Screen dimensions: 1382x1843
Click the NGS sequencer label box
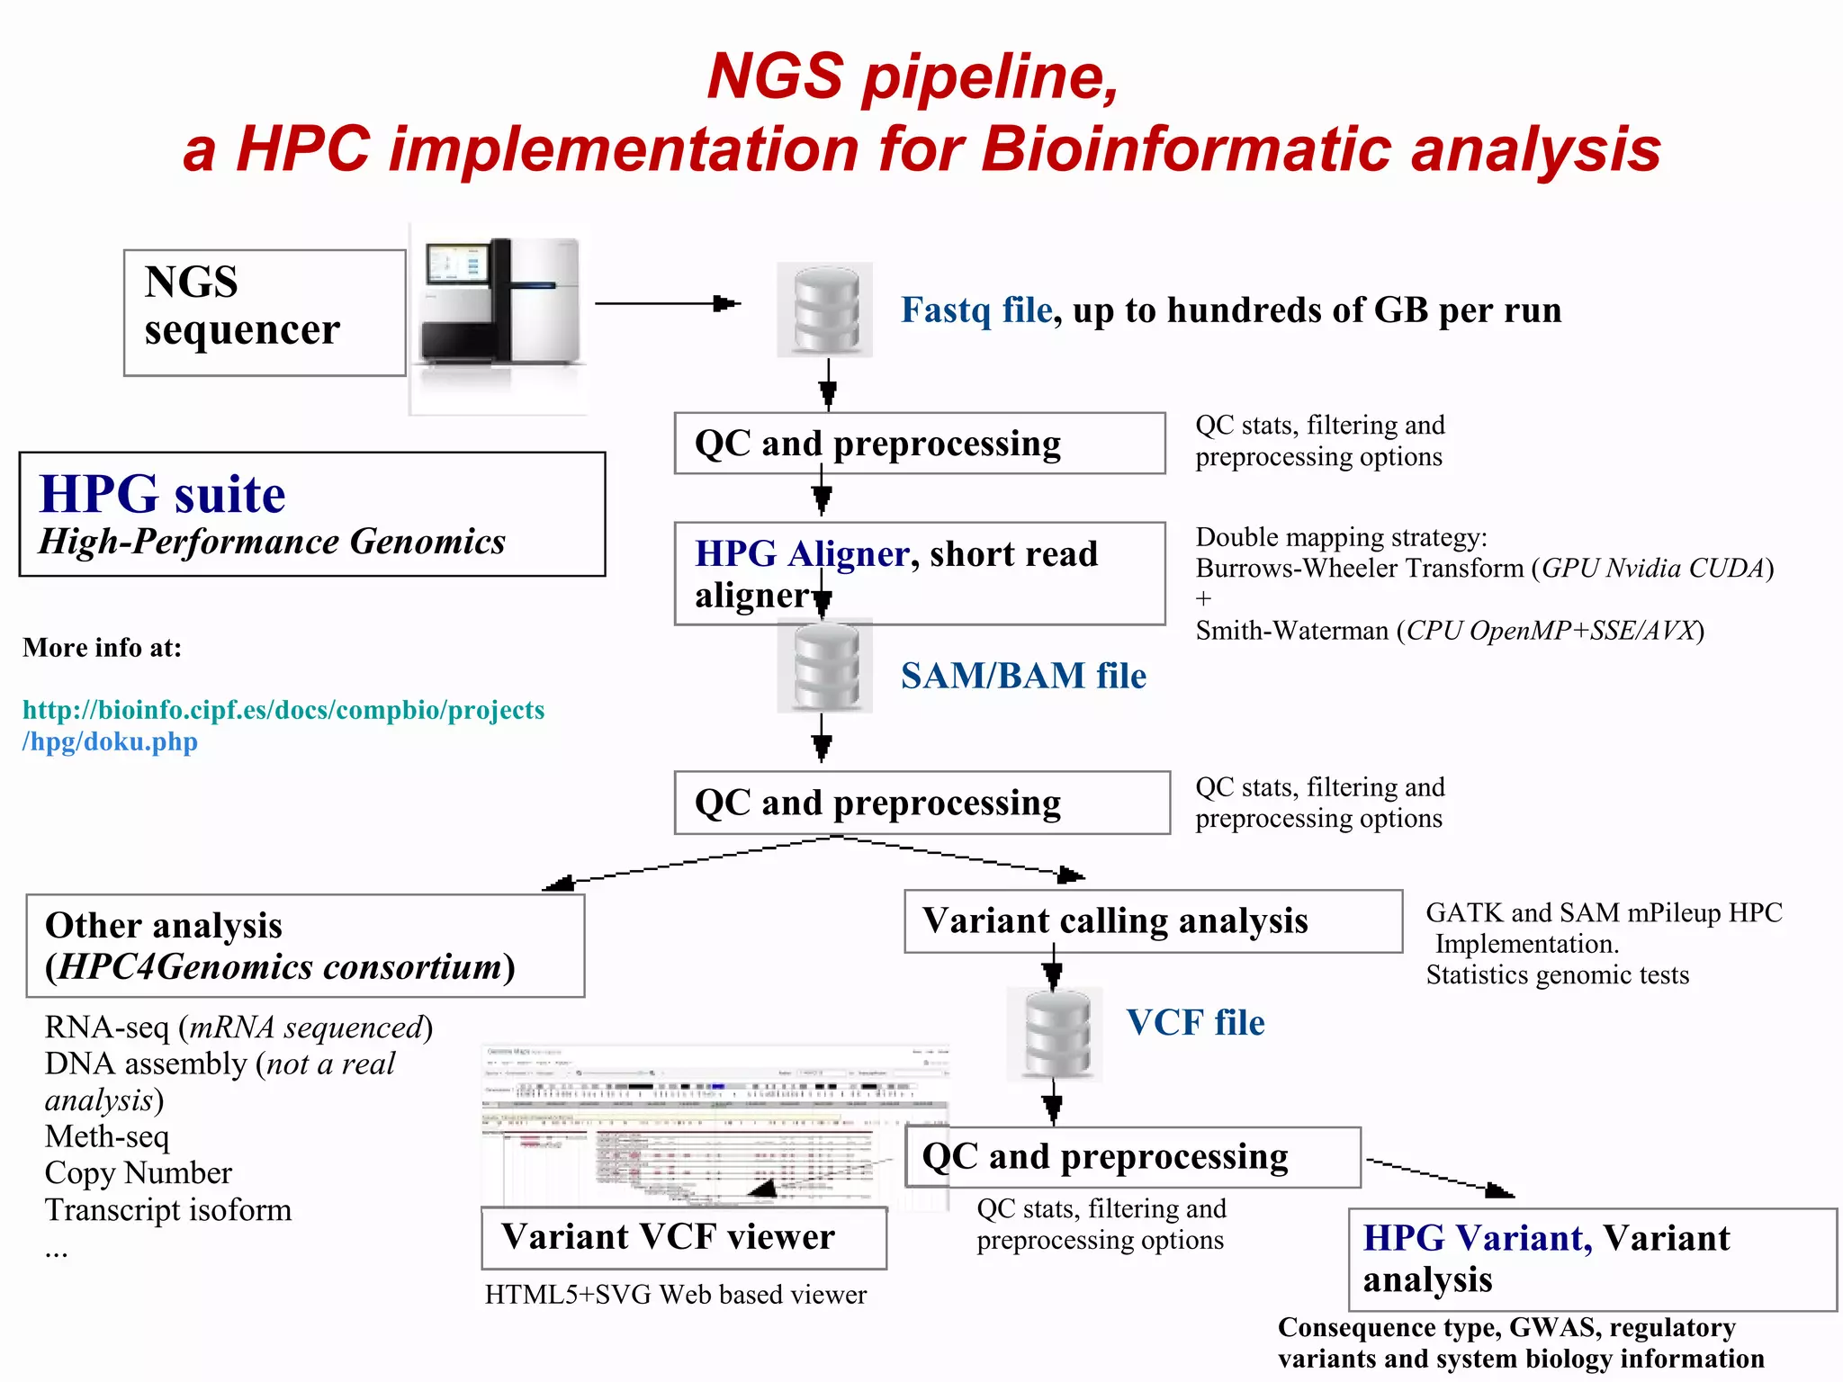tap(264, 312)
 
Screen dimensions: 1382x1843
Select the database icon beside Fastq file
tap(824, 310)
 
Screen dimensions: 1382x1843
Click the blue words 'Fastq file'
tap(976, 310)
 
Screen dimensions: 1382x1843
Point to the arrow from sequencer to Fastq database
tap(666, 304)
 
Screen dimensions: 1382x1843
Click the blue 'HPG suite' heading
tap(162, 494)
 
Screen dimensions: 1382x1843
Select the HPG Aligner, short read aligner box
tap(919, 573)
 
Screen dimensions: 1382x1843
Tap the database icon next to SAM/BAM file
tap(824, 667)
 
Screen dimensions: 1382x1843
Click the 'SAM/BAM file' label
tap(1023, 676)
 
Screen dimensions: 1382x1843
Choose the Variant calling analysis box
tap(1152, 921)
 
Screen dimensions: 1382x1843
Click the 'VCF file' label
tap(1195, 1023)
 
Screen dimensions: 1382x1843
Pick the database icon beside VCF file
tap(1055, 1034)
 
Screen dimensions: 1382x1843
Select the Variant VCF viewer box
tap(683, 1238)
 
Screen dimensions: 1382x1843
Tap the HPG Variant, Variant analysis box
tap(1591, 1259)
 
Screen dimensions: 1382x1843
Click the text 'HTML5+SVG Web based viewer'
tap(675, 1295)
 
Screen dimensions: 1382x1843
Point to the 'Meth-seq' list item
tap(107, 1136)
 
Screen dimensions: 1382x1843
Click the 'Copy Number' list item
tap(139, 1173)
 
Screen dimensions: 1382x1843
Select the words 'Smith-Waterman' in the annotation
tap(1291, 631)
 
